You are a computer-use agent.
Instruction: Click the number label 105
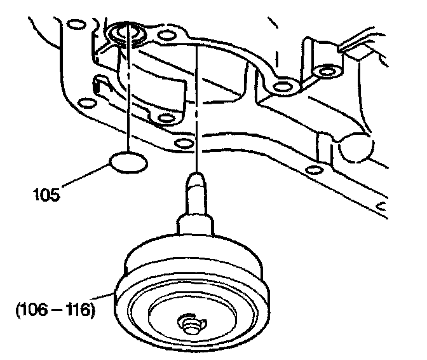coord(47,193)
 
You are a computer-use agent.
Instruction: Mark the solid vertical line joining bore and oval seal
coord(129,95)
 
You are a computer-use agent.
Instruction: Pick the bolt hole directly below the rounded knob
coord(311,170)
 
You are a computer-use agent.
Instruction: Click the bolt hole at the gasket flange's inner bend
coord(279,84)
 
